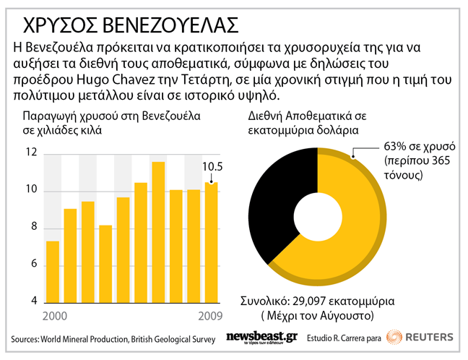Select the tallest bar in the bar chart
(158, 231)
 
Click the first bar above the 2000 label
(53, 270)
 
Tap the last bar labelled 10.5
(211, 241)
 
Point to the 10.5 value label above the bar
(211, 167)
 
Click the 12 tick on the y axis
(30, 153)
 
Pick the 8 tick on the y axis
(33, 228)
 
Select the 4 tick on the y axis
(33, 301)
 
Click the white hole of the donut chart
(318, 210)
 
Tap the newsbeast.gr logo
(261, 338)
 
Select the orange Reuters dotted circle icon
(394, 337)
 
